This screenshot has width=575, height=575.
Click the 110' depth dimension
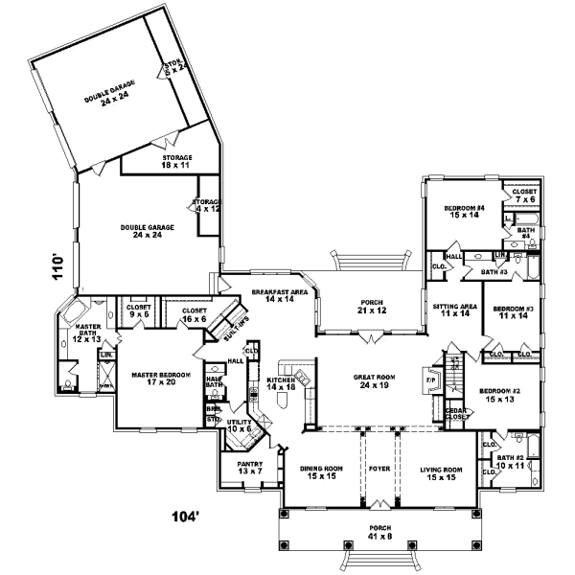pyautogui.click(x=57, y=265)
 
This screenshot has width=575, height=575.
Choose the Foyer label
pyautogui.click(x=380, y=470)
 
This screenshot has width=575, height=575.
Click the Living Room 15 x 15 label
pyautogui.click(x=442, y=473)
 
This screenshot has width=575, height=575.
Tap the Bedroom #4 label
pyautogui.click(x=465, y=212)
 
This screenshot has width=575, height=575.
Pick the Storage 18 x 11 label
pyautogui.click(x=176, y=162)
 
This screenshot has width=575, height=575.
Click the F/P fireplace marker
pyautogui.click(x=430, y=380)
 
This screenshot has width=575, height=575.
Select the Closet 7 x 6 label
pyautogui.click(x=524, y=195)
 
